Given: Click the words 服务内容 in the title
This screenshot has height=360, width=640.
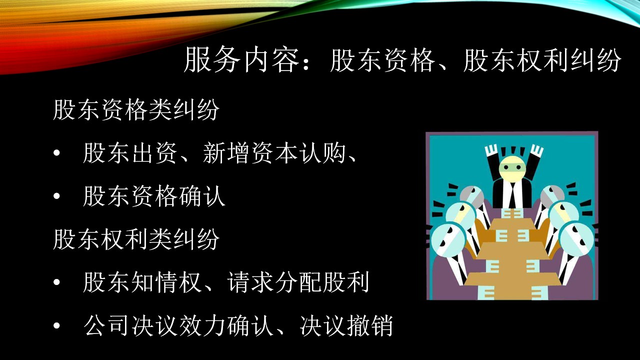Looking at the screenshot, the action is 241,59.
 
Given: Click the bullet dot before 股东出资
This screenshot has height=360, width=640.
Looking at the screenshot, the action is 56,153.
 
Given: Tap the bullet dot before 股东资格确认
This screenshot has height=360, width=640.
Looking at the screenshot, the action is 56,196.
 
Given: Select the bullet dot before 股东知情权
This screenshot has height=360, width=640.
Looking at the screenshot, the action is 56,282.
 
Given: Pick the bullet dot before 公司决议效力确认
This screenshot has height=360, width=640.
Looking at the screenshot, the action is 56,325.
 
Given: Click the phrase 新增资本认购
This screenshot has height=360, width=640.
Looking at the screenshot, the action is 273,153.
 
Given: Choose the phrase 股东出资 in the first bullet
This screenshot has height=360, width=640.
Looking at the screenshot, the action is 130,153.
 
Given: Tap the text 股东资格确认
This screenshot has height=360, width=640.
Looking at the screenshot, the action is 154,196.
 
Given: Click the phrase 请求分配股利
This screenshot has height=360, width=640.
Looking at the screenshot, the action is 298,282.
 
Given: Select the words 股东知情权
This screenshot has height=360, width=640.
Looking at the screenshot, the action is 142,282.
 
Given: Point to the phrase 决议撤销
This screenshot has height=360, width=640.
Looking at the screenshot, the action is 346,325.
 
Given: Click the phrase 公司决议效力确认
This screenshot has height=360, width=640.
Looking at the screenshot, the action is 178,325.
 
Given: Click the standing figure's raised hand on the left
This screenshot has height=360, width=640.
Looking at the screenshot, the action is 491,150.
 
